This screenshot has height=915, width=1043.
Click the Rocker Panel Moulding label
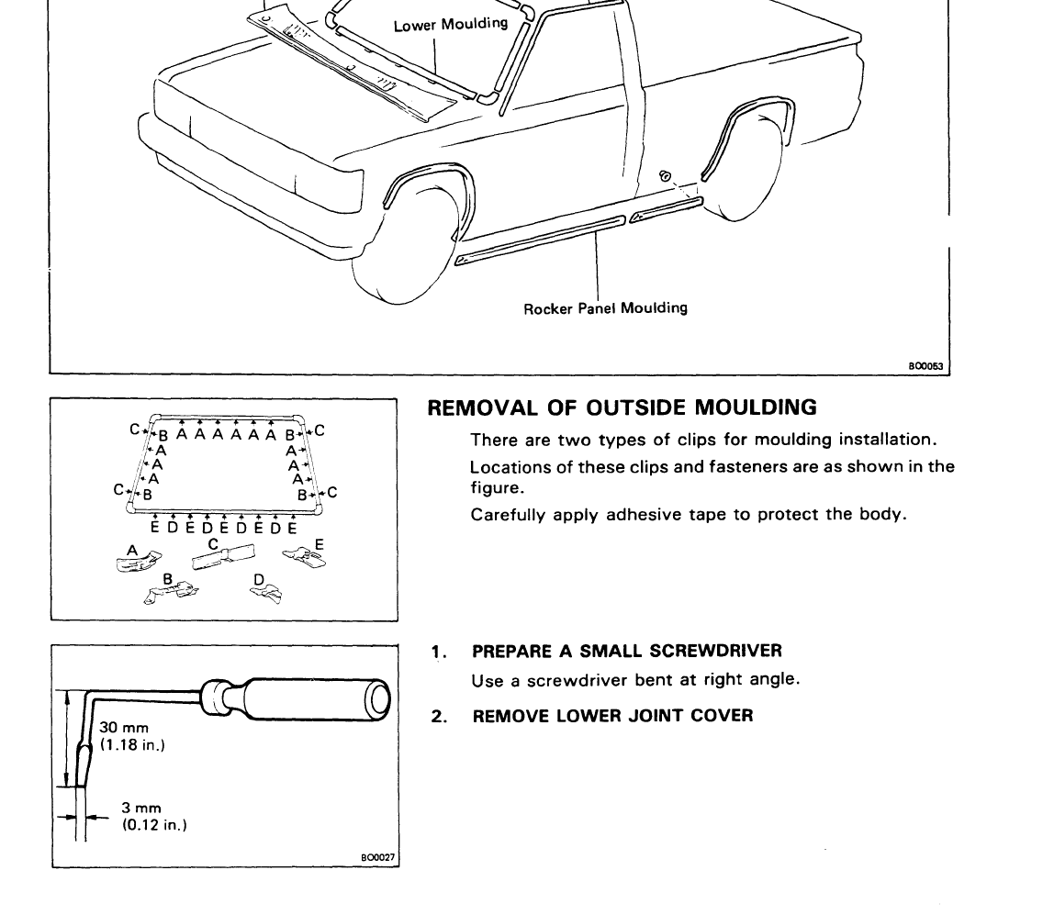(605, 308)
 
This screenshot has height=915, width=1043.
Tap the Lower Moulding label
(450, 25)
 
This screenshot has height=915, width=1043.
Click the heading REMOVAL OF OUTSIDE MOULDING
(622, 407)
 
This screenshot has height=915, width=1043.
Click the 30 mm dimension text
(123, 729)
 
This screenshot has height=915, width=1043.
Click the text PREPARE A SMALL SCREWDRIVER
(626, 652)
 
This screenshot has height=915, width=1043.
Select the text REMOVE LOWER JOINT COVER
(611, 715)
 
